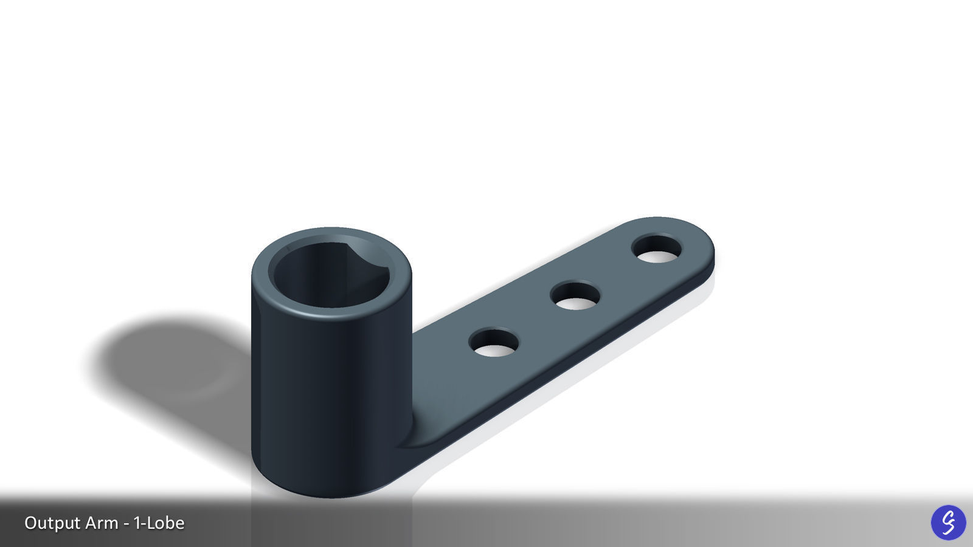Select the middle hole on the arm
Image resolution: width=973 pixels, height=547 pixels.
pyautogui.click(x=575, y=297)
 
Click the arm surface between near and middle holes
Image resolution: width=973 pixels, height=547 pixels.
pyautogui.click(x=534, y=321)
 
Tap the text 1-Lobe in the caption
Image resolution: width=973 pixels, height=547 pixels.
pyautogui.click(x=159, y=523)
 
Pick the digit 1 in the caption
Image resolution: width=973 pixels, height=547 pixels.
pyautogui.click(x=137, y=523)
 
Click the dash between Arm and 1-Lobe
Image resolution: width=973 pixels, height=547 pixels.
pyautogui.click(x=126, y=524)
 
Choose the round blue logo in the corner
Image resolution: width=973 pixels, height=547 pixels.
pyautogui.click(x=948, y=522)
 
